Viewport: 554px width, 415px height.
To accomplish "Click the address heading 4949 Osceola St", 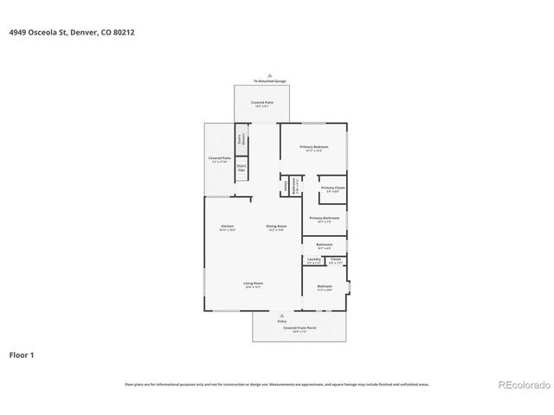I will click(x=71, y=32).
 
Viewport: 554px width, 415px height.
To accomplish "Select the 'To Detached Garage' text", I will click(x=269, y=81).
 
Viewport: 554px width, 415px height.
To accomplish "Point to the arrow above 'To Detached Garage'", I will click(x=269, y=75).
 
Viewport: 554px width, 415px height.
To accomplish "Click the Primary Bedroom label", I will click(x=313, y=148).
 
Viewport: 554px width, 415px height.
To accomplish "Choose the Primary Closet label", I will click(x=332, y=188).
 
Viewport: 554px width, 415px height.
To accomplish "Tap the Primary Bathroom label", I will click(x=324, y=219).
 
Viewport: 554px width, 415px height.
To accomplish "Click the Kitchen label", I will click(x=227, y=227).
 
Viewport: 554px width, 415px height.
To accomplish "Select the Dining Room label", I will click(x=276, y=227).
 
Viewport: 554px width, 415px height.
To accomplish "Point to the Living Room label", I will click(x=253, y=284).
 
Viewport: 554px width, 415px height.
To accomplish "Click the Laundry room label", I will click(x=314, y=259).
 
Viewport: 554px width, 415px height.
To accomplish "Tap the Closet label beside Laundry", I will click(x=336, y=259).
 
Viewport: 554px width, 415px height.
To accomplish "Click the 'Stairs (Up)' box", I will click(x=242, y=169).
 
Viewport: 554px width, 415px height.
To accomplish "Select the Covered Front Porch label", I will click(x=296, y=329).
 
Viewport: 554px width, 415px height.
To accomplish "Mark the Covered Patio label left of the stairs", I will click(x=219, y=159).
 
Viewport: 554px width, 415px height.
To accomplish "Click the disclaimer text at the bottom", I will click(x=276, y=384).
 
